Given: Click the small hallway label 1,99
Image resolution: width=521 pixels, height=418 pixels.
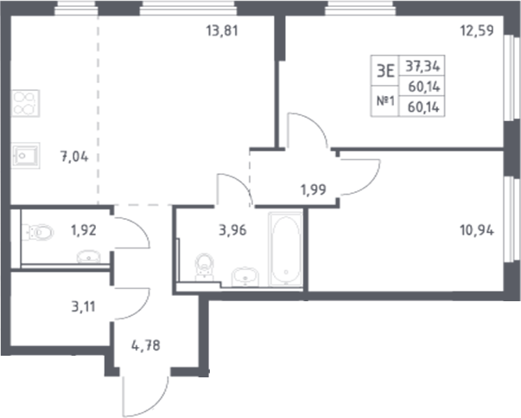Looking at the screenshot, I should click(x=314, y=190).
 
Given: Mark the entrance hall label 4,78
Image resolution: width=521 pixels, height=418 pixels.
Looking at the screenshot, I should click(x=144, y=348).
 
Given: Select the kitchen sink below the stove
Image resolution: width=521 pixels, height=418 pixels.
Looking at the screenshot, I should click(x=27, y=157).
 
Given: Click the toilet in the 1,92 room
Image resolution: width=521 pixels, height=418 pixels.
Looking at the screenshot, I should click(x=39, y=231).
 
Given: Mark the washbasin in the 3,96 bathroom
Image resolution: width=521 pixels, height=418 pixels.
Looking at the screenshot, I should click(x=245, y=276).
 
